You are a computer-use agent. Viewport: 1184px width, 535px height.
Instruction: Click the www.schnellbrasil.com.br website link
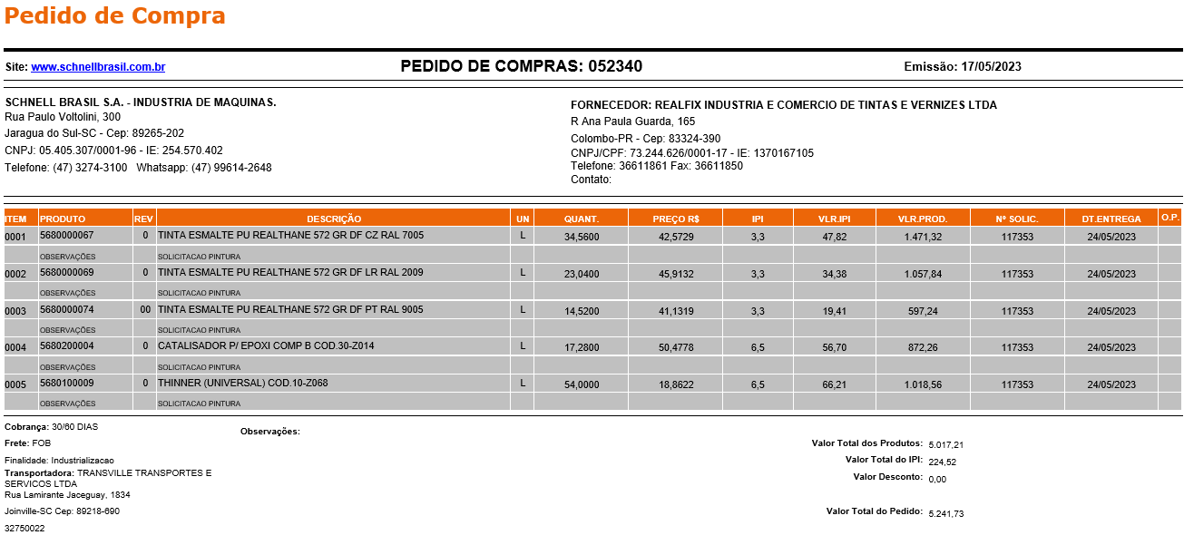(98, 67)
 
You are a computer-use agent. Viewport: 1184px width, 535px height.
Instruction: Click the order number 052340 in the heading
(615, 66)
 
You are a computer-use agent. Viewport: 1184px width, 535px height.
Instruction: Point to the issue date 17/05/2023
(992, 66)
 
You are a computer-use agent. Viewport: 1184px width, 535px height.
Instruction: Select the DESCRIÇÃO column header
(333, 219)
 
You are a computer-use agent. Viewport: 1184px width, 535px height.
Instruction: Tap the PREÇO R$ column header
(675, 219)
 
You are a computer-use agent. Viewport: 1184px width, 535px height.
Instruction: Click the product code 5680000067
(67, 236)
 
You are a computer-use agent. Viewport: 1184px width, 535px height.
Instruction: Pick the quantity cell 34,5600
(582, 237)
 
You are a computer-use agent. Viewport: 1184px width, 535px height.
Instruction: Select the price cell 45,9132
(676, 274)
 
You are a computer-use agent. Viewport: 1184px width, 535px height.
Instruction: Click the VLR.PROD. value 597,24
(923, 311)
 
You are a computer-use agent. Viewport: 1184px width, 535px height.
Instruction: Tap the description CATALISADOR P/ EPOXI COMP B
(266, 346)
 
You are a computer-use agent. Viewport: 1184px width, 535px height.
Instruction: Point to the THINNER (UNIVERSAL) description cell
(242, 384)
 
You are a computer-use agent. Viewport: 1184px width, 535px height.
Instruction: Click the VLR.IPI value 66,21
(834, 384)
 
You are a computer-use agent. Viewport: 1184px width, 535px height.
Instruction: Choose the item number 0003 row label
(15, 311)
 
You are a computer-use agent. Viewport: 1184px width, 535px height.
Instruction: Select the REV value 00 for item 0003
(145, 310)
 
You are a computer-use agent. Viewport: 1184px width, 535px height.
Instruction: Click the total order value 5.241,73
(945, 514)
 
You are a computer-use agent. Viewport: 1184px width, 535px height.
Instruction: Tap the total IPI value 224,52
(942, 462)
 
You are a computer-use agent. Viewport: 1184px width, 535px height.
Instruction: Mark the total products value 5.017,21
(945, 445)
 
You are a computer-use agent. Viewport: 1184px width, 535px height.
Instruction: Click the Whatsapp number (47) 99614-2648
(231, 168)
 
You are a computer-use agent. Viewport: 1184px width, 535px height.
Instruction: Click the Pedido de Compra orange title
(115, 15)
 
